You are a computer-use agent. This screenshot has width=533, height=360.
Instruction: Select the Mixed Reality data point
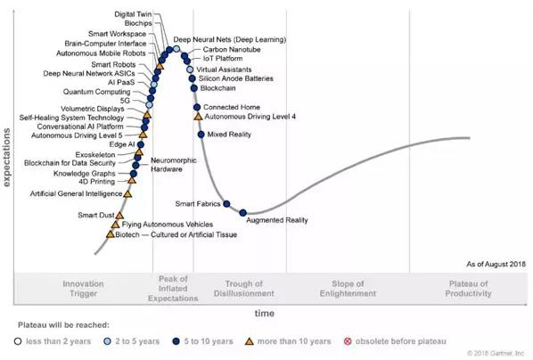click(x=201, y=135)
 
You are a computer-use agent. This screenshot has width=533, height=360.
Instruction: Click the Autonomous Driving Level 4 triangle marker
click(x=198, y=117)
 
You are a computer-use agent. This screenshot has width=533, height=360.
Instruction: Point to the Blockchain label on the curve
click(x=218, y=88)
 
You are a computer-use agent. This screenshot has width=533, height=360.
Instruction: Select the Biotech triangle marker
click(x=111, y=234)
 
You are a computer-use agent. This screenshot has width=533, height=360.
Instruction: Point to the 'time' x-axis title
click(x=265, y=314)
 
